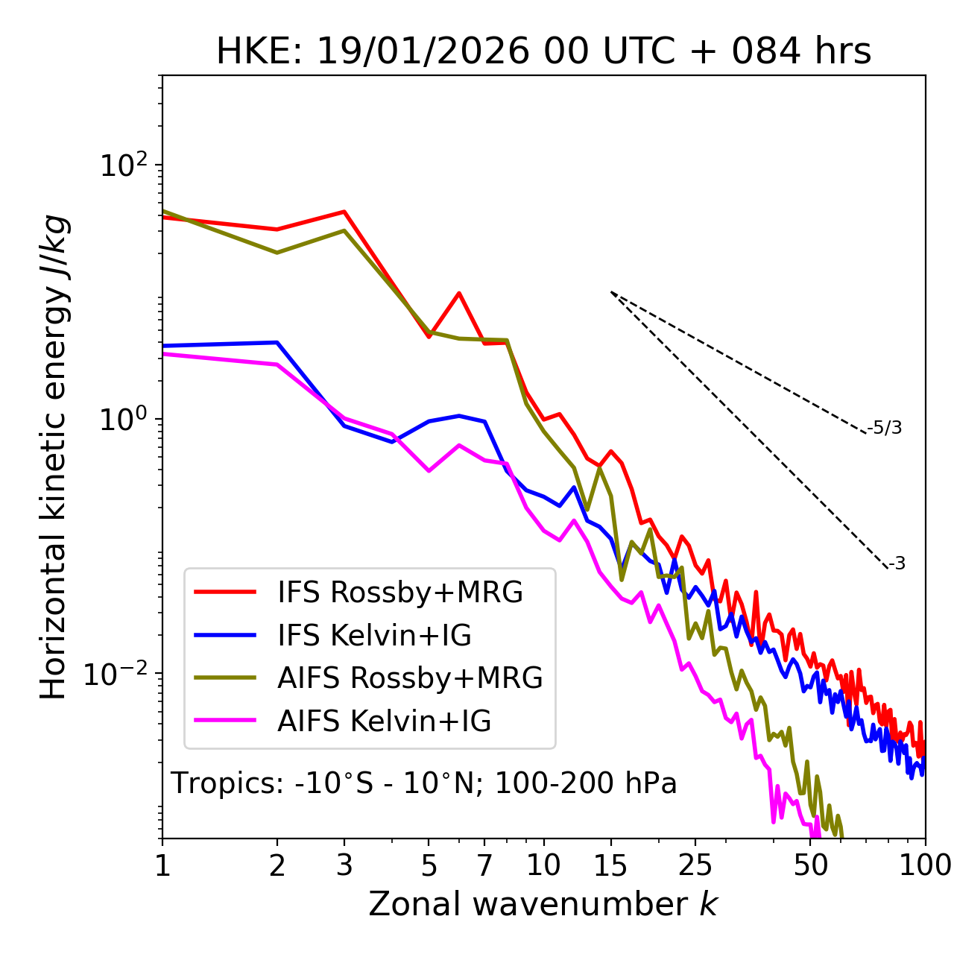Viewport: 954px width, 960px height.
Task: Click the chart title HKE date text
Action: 543,52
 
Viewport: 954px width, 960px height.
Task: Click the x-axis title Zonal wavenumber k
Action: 543,904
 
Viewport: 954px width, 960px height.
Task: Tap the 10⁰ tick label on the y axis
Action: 122,419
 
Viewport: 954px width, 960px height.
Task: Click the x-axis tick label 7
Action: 484,865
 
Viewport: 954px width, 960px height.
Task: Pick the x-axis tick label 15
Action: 610,865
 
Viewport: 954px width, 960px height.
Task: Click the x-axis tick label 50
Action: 811,865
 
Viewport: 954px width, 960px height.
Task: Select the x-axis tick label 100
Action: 924,865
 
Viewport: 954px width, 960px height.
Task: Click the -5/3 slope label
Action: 885,428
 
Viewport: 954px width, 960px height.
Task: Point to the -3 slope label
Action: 897,563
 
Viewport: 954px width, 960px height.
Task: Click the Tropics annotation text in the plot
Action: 423,783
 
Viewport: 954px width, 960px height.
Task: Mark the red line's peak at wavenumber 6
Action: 459,293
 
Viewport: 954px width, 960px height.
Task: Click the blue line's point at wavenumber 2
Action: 277,342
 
